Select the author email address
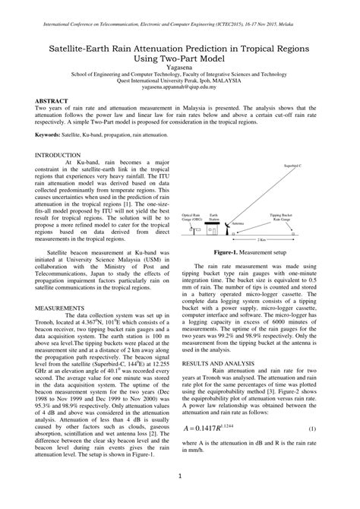tap(179, 87)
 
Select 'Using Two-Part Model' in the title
tap(179, 58)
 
